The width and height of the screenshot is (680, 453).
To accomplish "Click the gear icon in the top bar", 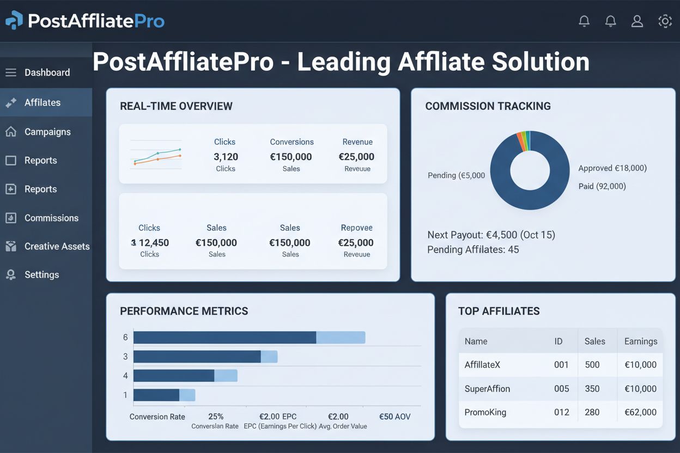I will coord(665,21).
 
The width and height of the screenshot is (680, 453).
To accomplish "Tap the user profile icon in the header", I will coord(637,21).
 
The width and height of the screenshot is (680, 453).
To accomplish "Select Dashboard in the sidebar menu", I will coord(47,72).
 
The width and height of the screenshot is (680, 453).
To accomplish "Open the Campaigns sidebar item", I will coord(47,132).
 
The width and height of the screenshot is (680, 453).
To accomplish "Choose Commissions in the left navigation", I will coord(51,218).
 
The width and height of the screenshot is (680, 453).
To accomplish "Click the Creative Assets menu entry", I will coord(57,246).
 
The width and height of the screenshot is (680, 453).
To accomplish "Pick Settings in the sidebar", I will coord(41,275).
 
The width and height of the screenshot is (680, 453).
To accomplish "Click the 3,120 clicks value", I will coord(226,157).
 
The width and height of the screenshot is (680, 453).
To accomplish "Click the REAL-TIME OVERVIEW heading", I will coord(176,106).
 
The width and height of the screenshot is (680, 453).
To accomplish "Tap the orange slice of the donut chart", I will coord(520,141).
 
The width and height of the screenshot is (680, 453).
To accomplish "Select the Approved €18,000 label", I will coord(612,168).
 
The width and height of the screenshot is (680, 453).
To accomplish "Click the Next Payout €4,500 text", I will coord(491,235).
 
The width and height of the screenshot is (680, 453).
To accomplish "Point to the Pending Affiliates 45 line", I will coord(473,250).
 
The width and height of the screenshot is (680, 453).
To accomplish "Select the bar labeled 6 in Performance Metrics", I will coord(249,338).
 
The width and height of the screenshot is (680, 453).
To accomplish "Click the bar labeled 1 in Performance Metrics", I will coord(164,395).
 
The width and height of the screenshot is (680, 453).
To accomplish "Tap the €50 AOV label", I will coord(394,417).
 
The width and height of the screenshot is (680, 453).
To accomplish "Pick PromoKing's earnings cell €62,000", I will coord(640,412).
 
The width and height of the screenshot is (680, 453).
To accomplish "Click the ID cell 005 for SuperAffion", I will coord(561,389).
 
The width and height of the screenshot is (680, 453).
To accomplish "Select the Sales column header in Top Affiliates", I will coord(594,341).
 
